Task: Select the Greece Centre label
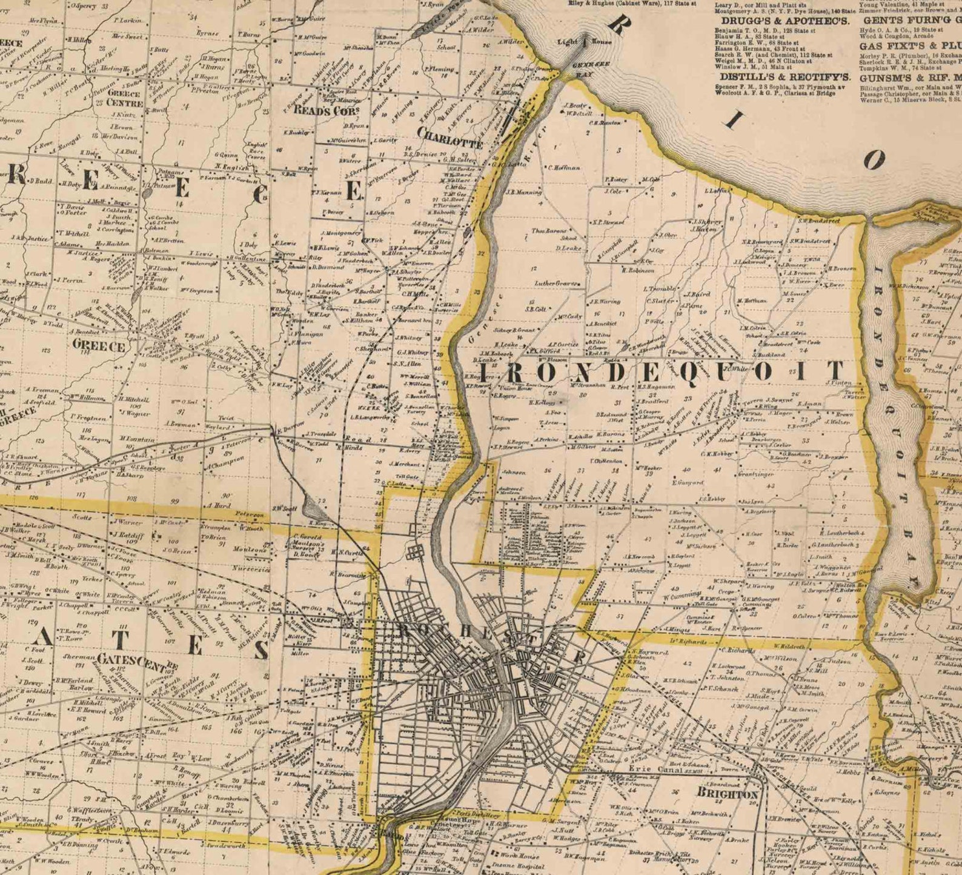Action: click(124, 98)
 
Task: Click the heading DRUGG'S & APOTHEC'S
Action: click(781, 21)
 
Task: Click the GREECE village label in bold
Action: click(98, 347)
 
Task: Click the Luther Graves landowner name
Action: click(554, 283)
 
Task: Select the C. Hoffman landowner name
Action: click(564, 168)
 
